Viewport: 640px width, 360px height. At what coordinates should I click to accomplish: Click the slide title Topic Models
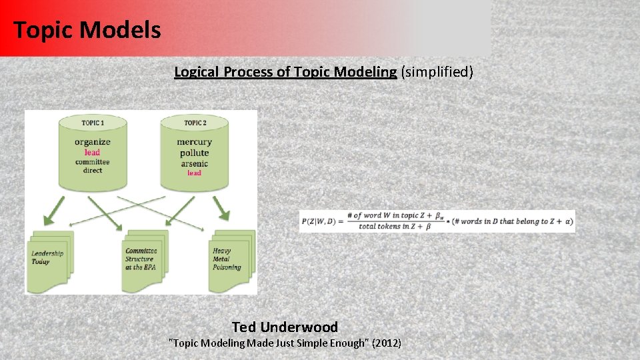click(x=87, y=30)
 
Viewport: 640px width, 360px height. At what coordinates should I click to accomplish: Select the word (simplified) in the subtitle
click(x=437, y=72)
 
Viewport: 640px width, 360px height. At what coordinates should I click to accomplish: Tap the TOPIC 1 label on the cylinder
click(x=93, y=123)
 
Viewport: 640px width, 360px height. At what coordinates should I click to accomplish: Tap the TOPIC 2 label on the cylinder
click(x=195, y=123)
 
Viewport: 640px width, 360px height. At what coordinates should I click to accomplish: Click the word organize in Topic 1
click(x=93, y=142)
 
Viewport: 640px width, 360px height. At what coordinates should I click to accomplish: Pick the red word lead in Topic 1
click(x=93, y=152)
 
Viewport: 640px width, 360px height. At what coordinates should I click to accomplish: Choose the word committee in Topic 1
click(x=93, y=162)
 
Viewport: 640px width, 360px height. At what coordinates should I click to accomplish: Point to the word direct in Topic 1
click(x=93, y=171)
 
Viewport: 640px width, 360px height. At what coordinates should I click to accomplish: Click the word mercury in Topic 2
click(x=194, y=142)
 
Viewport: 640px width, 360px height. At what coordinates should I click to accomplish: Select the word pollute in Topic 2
click(x=194, y=153)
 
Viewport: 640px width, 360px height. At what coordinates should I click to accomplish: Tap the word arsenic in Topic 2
click(x=194, y=163)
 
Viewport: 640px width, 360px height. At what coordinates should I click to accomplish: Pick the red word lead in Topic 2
click(x=194, y=173)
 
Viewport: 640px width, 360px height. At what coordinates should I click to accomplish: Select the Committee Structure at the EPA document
click(x=143, y=259)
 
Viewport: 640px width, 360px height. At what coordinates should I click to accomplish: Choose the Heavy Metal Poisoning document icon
click(x=231, y=259)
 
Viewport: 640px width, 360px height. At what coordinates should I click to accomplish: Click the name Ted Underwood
click(x=285, y=327)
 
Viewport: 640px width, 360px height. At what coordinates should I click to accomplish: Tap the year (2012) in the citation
click(x=387, y=343)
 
